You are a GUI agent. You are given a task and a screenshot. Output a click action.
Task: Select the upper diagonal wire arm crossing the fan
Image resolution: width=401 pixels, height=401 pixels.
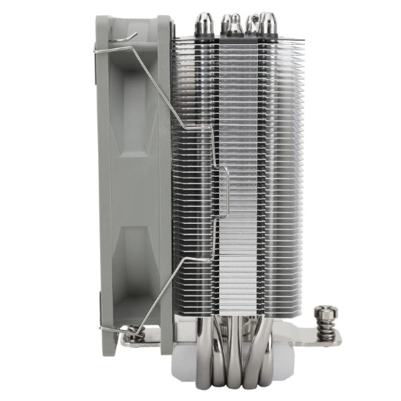pos(156,83)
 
